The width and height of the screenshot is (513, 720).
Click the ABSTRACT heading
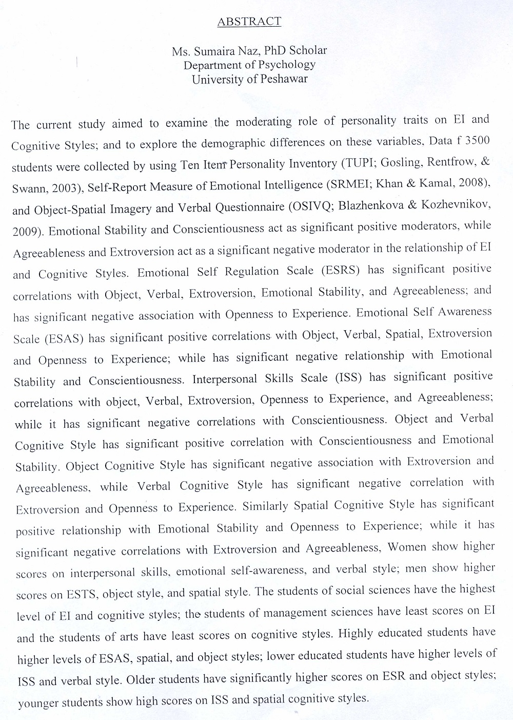(249, 22)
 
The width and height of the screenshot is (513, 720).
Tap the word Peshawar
(284, 79)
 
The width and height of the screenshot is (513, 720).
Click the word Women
(407, 547)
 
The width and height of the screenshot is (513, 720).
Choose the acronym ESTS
(81, 595)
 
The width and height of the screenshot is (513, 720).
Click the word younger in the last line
(38, 703)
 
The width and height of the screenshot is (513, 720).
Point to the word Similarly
(265, 506)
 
